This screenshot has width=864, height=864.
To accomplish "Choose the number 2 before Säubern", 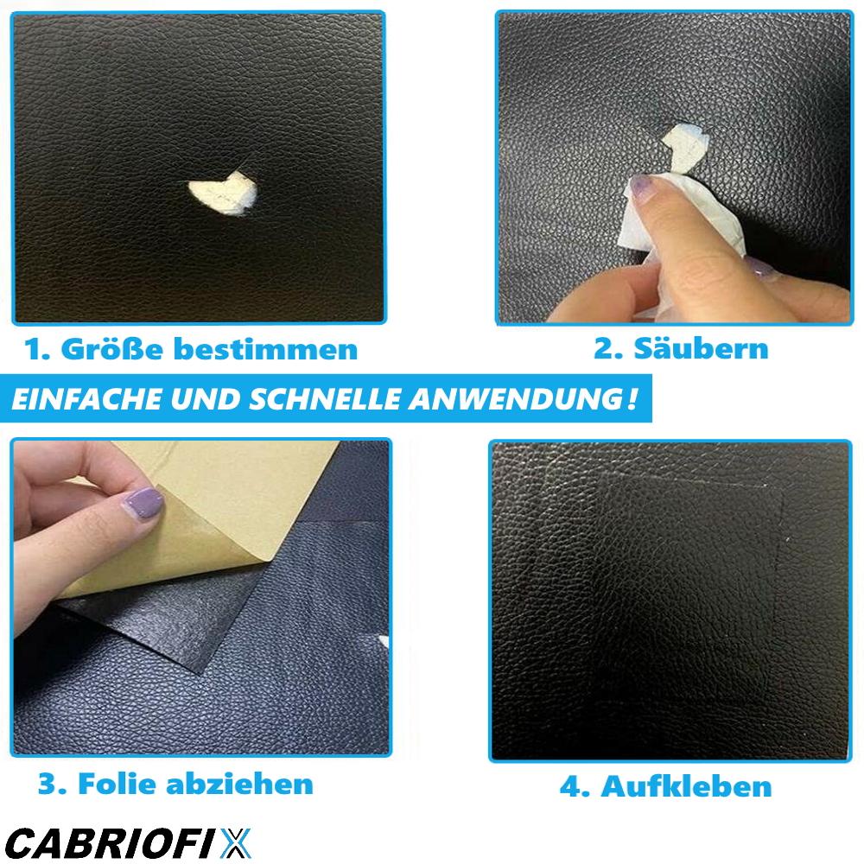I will (606, 348).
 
